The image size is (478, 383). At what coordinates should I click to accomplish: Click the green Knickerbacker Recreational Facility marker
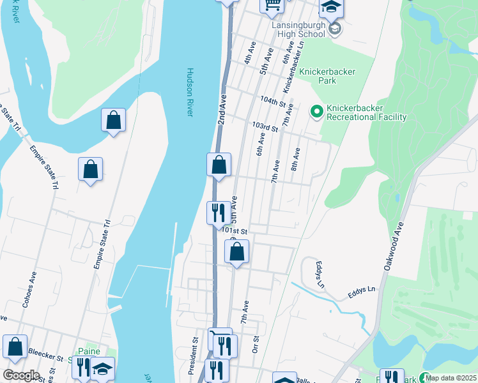pyautogui.click(x=316, y=112)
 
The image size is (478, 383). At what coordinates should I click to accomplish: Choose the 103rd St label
pyautogui.click(x=265, y=128)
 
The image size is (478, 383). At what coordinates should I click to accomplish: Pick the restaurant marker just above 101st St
pyautogui.click(x=219, y=212)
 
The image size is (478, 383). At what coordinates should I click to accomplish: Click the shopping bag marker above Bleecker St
pyautogui.click(x=15, y=347)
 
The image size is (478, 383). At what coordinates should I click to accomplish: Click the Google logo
pyautogui.click(x=21, y=375)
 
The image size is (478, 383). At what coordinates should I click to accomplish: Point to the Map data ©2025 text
pyautogui.click(x=451, y=378)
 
